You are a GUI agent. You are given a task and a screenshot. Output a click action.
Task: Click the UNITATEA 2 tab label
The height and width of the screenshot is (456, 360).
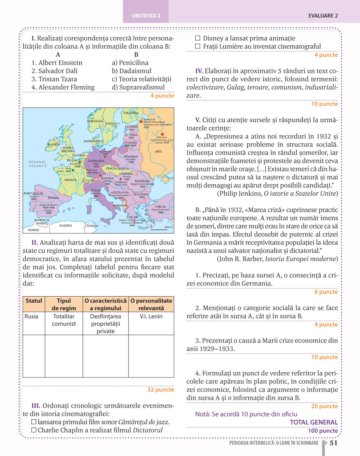[146, 16]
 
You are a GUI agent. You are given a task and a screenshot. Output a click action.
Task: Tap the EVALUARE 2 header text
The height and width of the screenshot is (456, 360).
[323, 16]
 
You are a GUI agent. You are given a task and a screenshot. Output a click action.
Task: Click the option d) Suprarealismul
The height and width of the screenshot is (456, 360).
[138, 87]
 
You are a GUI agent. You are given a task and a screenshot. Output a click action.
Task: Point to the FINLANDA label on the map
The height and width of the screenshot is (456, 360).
[131, 113]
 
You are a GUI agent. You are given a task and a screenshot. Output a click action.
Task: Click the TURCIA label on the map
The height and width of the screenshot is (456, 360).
[160, 207]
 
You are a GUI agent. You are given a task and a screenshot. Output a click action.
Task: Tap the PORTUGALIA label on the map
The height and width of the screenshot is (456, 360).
[33, 193]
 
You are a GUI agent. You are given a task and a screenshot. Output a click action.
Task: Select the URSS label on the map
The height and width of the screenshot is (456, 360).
[158, 152]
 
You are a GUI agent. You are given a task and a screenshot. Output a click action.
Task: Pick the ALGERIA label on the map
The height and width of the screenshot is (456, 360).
[66, 226]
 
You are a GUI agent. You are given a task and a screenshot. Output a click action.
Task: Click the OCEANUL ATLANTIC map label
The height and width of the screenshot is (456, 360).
[38, 164]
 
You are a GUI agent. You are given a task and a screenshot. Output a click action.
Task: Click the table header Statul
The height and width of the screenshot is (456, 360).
[34, 301]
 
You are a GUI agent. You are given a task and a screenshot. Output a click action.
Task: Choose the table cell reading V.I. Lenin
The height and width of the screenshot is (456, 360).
[151, 316]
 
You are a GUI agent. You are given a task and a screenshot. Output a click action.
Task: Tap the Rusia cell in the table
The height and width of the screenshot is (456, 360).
[31, 316]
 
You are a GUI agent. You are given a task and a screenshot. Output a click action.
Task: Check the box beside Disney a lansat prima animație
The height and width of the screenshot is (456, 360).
[198, 38]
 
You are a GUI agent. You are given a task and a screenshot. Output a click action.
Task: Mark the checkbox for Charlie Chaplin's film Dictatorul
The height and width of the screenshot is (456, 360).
[34, 430]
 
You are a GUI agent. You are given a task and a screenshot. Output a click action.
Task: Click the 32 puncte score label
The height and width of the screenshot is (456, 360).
[161, 389]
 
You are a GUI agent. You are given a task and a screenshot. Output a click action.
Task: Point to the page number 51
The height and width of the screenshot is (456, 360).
[334, 443]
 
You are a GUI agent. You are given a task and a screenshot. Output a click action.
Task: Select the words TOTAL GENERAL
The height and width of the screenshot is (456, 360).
[314, 422]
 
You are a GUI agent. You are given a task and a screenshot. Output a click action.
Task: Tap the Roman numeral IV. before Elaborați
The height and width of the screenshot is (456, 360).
[199, 71]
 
